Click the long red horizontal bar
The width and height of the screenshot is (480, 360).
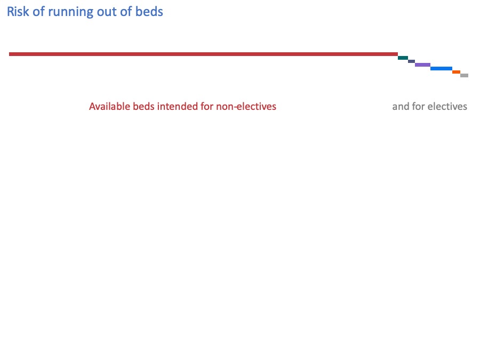click(203, 54)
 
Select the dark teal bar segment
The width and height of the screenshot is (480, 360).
click(403, 58)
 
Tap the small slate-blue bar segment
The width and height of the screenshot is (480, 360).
click(411, 61)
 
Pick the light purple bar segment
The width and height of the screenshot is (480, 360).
click(422, 65)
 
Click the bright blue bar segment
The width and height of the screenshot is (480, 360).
click(441, 68)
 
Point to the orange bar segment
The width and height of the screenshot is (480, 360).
click(456, 72)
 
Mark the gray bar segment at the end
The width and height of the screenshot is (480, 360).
click(464, 76)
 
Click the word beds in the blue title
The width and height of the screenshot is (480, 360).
click(150, 12)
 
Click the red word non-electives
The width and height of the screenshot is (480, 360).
click(246, 107)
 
